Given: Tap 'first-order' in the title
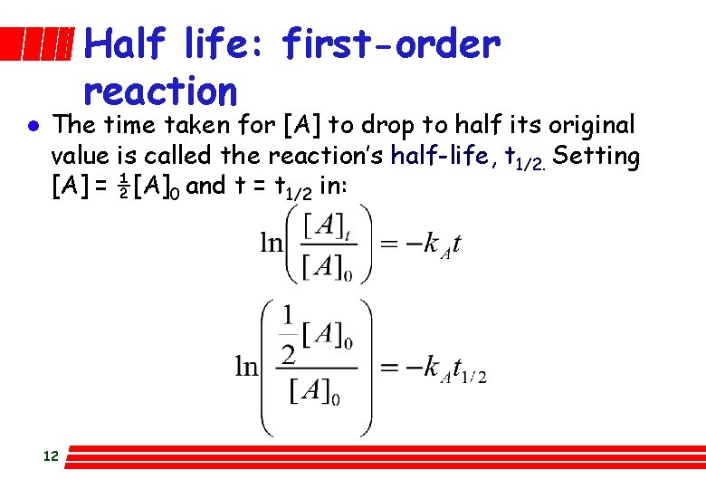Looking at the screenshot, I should click(390, 43).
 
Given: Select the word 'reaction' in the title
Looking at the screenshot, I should click(160, 91).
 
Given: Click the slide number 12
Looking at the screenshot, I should click(50, 456).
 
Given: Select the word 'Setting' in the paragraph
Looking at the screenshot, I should click(596, 156).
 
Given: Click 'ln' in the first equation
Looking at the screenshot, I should click(272, 243).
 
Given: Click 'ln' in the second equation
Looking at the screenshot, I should click(247, 366).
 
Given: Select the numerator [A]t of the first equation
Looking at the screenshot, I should click(326, 226).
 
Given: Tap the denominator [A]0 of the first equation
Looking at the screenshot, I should click(327, 268).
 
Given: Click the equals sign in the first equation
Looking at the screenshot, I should click(387, 244).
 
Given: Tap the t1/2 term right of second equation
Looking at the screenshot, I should click(467, 369).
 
